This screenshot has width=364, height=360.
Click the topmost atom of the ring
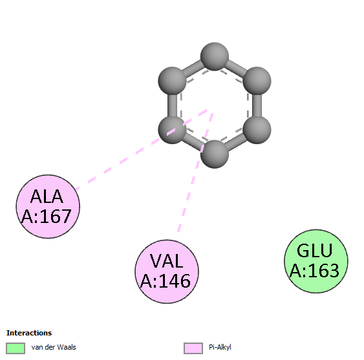click(x=215, y=56)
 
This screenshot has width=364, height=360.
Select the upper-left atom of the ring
click(x=172, y=81)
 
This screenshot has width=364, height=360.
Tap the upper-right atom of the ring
click(x=257, y=81)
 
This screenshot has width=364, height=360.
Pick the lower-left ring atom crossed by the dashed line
click(x=172, y=130)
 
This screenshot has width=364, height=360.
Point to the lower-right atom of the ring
click(x=257, y=130)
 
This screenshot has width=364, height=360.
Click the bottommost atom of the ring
click(x=215, y=154)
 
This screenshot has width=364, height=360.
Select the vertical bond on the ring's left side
click(x=172, y=105)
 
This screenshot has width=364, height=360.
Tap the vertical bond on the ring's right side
click(x=257, y=105)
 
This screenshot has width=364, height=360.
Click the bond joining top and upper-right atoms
click(x=235, y=69)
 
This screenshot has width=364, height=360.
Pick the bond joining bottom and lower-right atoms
click(x=235, y=142)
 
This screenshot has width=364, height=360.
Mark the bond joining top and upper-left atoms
click(x=193, y=69)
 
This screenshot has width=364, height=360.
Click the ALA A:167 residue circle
click(x=48, y=207)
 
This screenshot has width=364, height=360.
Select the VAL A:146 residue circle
click(x=167, y=271)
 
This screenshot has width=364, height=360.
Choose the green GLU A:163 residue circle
click(x=316, y=261)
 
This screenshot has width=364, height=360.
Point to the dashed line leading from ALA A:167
click(x=141, y=149)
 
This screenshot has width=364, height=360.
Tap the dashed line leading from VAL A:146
click(x=195, y=177)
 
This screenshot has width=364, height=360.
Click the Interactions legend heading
click(x=29, y=333)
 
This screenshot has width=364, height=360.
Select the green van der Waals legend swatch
click(x=16, y=348)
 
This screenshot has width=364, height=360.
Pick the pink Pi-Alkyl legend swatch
click(x=193, y=348)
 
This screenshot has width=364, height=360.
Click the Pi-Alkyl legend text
click(x=220, y=347)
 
